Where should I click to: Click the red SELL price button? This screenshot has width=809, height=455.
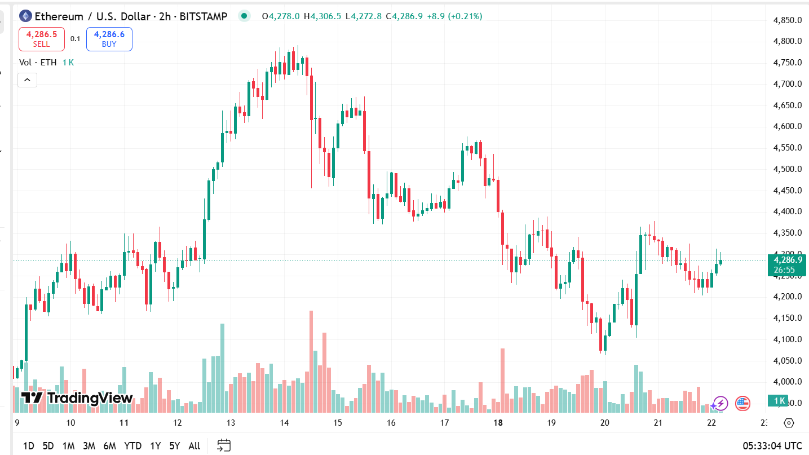click(42, 39)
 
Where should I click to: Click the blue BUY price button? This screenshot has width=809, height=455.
click(109, 39)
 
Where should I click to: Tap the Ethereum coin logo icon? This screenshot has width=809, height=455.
click(25, 16)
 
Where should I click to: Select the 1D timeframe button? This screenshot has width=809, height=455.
click(28, 446)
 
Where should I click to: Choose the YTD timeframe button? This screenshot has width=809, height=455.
click(132, 446)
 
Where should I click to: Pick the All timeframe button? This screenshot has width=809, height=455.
click(194, 446)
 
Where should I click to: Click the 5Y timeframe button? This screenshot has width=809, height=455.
click(175, 446)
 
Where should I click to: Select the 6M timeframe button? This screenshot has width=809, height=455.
click(109, 446)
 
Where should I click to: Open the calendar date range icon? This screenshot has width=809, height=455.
click(224, 445)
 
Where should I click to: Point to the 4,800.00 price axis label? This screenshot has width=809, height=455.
click(788, 41)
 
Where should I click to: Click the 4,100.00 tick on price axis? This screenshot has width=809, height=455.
click(788, 339)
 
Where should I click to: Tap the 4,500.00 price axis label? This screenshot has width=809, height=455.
click(788, 169)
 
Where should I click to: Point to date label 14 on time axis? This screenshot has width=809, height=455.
click(284, 423)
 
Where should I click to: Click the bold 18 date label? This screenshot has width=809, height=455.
click(498, 423)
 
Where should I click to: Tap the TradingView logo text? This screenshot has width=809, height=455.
click(77, 398)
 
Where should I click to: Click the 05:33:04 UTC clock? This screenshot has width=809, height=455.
click(772, 446)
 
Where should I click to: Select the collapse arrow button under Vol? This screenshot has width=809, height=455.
click(27, 80)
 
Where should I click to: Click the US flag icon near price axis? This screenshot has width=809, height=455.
click(742, 403)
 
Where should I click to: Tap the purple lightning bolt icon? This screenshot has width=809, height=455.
click(719, 403)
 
